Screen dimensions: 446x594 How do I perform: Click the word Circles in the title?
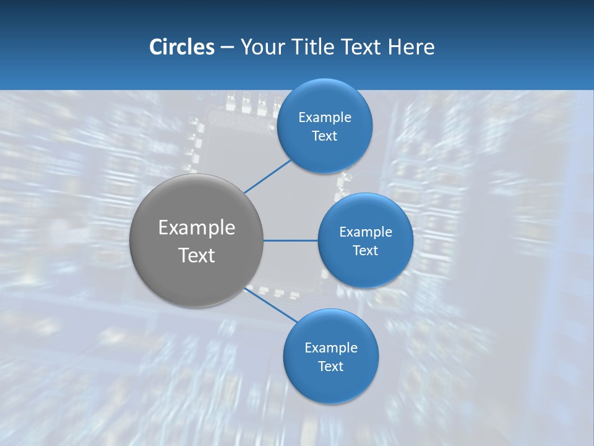181,47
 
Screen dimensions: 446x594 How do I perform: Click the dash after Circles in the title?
227,48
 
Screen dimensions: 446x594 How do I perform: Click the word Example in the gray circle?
197,227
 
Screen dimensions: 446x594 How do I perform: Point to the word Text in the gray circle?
197,255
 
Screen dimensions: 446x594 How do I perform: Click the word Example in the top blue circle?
324,117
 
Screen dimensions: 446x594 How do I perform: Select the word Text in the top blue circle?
324,136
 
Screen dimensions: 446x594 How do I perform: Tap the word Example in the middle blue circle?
365,232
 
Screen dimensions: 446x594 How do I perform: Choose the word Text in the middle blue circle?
365,250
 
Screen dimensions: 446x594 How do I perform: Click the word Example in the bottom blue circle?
330,348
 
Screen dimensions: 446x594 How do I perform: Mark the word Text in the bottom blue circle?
330,366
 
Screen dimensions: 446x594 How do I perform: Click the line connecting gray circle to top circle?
267,177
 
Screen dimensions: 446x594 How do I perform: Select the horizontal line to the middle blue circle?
290,240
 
